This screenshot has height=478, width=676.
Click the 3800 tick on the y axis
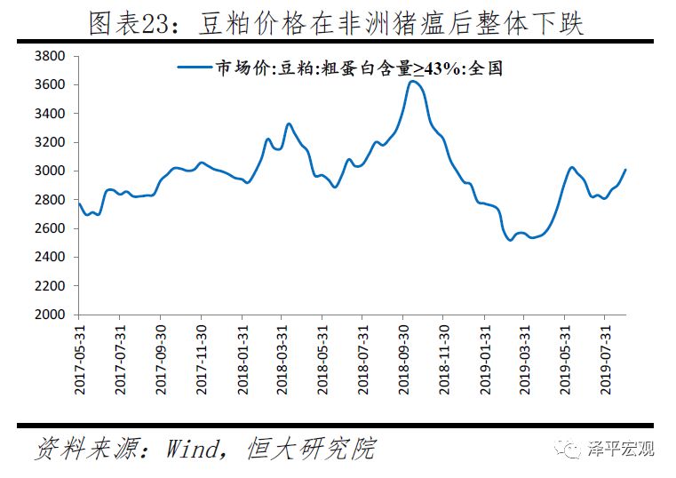point(51,56)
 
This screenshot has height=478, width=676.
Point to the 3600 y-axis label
point(51,85)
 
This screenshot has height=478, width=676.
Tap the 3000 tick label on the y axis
point(51,171)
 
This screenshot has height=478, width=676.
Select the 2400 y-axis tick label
point(51,257)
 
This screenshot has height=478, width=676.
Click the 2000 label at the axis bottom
point(51,315)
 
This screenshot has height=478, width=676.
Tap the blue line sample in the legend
point(195,68)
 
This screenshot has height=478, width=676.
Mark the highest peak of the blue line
point(412,82)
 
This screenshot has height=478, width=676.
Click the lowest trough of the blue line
point(511,240)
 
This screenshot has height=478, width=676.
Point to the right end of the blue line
point(625,170)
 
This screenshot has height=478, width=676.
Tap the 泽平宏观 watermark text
point(621,449)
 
